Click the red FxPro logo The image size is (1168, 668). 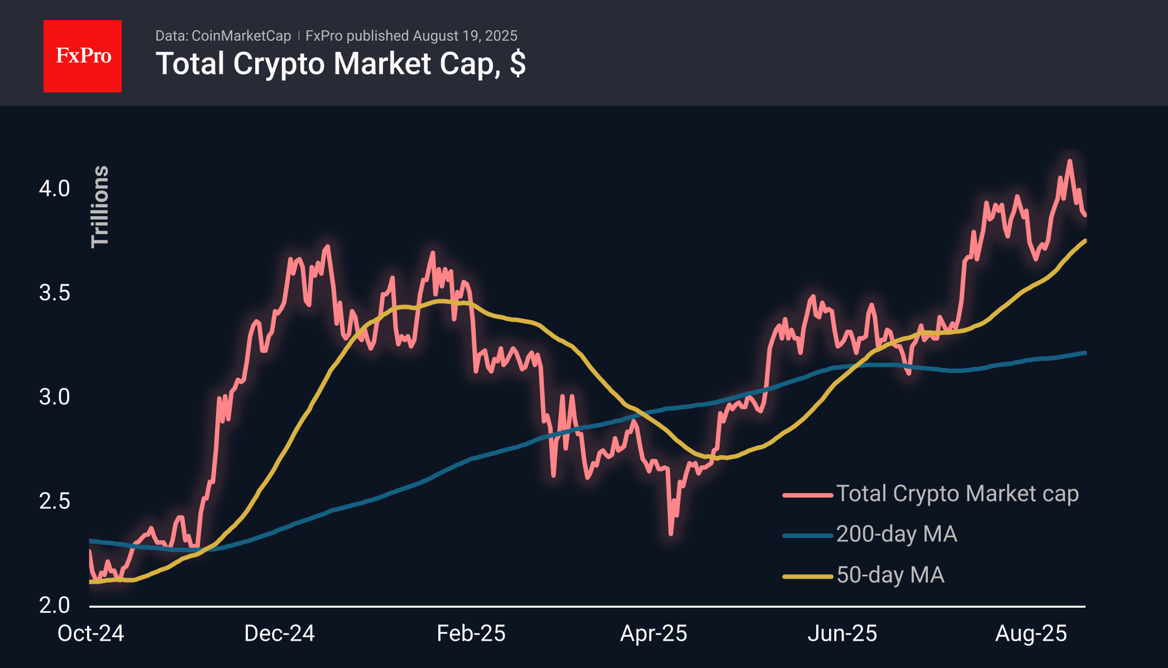(83, 56)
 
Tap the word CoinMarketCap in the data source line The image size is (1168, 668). (241, 36)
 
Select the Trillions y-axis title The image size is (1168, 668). (100, 207)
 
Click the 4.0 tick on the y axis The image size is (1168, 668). (54, 189)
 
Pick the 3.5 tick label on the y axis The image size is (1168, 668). (54, 293)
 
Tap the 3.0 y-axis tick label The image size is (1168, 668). (54, 397)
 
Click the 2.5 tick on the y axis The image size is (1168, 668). (54, 501)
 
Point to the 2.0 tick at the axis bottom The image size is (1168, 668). (54, 605)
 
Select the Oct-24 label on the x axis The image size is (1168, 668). (90, 633)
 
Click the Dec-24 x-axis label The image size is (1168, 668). (279, 633)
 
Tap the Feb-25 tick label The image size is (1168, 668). (471, 633)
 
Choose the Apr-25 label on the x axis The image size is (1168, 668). (653, 633)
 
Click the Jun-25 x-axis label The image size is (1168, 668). (842, 633)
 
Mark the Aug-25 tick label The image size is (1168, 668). (1031, 633)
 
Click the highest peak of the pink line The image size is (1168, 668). (1069, 161)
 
